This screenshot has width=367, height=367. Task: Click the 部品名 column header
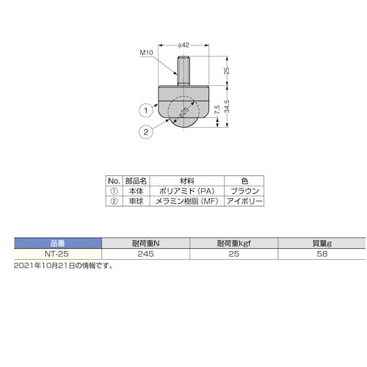(x=138, y=180)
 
